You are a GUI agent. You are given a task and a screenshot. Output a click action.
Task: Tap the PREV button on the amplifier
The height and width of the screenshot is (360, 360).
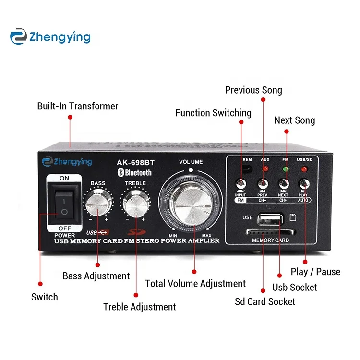[x=263, y=184]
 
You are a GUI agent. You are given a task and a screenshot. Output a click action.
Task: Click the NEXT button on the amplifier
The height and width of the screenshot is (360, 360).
[x=283, y=184]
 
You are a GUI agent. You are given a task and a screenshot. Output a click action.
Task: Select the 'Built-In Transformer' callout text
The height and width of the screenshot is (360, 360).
[x=78, y=106]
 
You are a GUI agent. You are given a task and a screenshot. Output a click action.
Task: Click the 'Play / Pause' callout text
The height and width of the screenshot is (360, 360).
[x=315, y=272]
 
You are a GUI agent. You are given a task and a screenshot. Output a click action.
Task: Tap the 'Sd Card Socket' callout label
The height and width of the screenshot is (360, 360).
[x=265, y=302]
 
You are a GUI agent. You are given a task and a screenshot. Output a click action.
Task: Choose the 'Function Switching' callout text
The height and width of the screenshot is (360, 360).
[x=213, y=113]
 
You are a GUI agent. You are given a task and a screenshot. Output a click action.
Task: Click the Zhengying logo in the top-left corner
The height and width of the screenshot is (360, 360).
[x=50, y=36]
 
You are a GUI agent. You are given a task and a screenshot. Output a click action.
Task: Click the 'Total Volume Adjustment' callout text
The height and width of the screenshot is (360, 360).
[x=195, y=284]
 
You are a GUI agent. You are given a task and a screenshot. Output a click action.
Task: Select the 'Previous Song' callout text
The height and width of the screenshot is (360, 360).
[x=253, y=90]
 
